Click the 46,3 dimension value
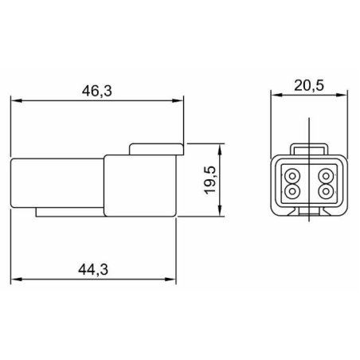click(x=97, y=91)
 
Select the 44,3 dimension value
click(x=93, y=270)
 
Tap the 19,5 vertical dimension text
click(x=210, y=180)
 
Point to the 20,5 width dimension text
click(x=309, y=85)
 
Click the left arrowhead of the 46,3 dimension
click(x=16, y=100)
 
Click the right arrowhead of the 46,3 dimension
click(x=178, y=100)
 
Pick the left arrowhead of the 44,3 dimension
click(x=16, y=280)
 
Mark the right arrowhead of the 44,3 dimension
click(x=170, y=280)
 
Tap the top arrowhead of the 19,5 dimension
click(x=220, y=149)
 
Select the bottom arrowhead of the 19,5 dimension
click(x=220, y=211)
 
